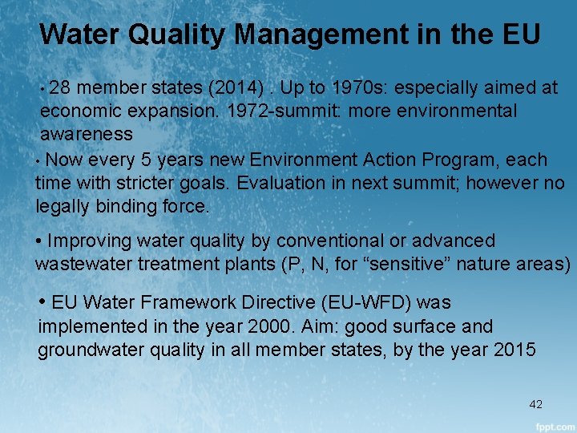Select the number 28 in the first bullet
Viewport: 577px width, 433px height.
(x=63, y=87)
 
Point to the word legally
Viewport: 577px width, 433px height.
(x=65, y=206)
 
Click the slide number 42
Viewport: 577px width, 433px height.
(x=536, y=404)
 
